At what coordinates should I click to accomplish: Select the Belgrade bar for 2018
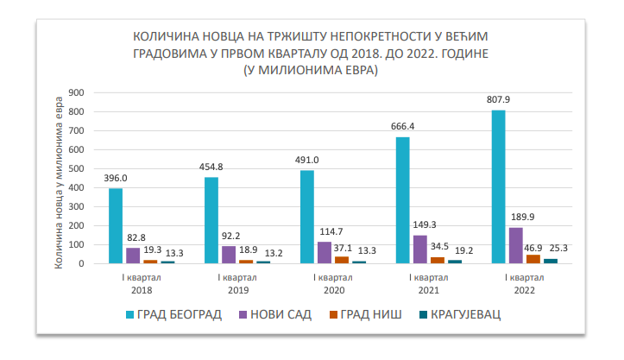tap(116, 225)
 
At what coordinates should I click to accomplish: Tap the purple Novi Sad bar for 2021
tap(419, 249)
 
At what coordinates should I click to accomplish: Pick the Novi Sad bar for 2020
tap(324, 252)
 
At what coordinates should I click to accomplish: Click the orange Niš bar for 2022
tap(533, 259)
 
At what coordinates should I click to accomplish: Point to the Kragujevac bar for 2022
tap(550, 261)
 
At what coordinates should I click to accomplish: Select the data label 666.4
tap(402, 127)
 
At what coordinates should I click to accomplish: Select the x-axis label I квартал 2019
tap(228, 284)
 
